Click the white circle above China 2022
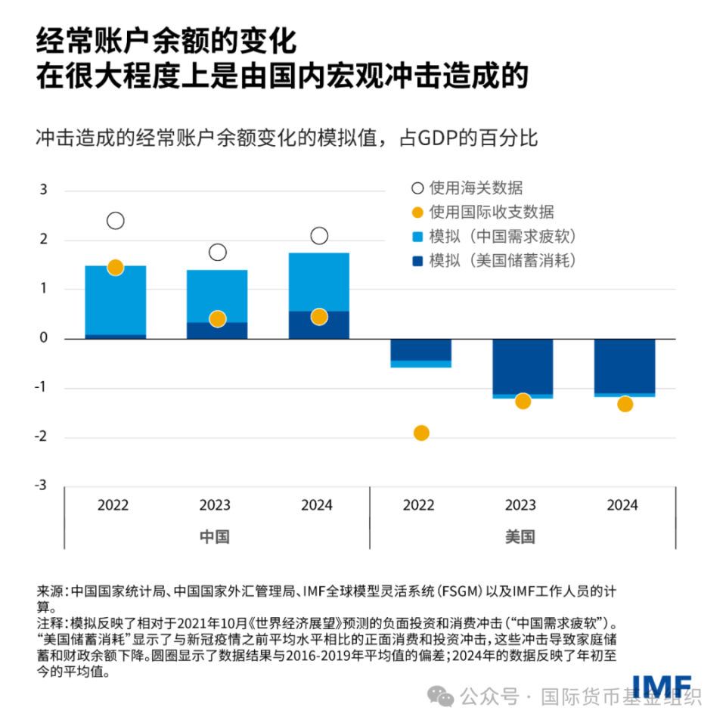[115, 221]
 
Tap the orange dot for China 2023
[218, 318]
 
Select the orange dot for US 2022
[421, 433]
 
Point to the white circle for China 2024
[319, 236]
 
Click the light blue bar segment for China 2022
[115, 299]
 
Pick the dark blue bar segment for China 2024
[319, 325]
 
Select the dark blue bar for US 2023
[523, 366]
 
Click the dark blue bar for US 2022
[421, 349]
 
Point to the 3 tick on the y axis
[43, 189]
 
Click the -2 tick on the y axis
[42, 436]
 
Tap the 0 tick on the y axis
[43, 338]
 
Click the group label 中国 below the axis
[215, 537]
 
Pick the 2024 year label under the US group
[622, 505]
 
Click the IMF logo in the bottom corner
[661, 684]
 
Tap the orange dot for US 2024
[625, 404]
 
